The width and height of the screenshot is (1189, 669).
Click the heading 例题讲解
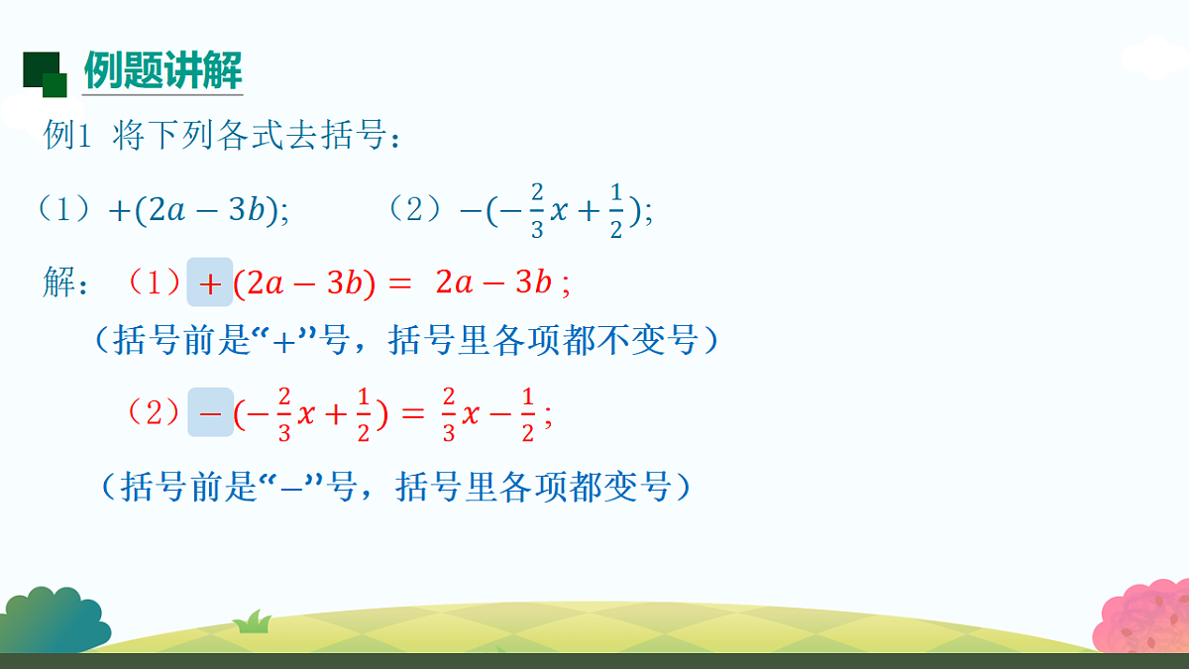[x=162, y=70]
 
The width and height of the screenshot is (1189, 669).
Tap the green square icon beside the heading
[x=44, y=73]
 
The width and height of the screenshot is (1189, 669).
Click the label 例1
[x=67, y=136]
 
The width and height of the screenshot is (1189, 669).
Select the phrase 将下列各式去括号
[x=248, y=136]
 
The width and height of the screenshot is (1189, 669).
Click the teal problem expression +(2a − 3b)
[x=197, y=211]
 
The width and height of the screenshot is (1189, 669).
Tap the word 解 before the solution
[x=58, y=282]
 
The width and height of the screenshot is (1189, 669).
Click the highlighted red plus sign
[x=210, y=283]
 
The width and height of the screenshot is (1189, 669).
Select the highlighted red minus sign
[x=210, y=412]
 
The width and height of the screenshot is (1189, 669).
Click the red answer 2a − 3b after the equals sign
[x=492, y=283]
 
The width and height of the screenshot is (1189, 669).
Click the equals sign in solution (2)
[x=411, y=413]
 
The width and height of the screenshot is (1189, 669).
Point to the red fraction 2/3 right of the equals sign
[x=447, y=413]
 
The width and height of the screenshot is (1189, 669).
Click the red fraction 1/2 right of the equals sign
[x=527, y=413]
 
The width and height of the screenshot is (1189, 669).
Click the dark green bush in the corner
[x=50, y=619]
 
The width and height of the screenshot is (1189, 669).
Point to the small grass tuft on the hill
[x=254, y=622]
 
